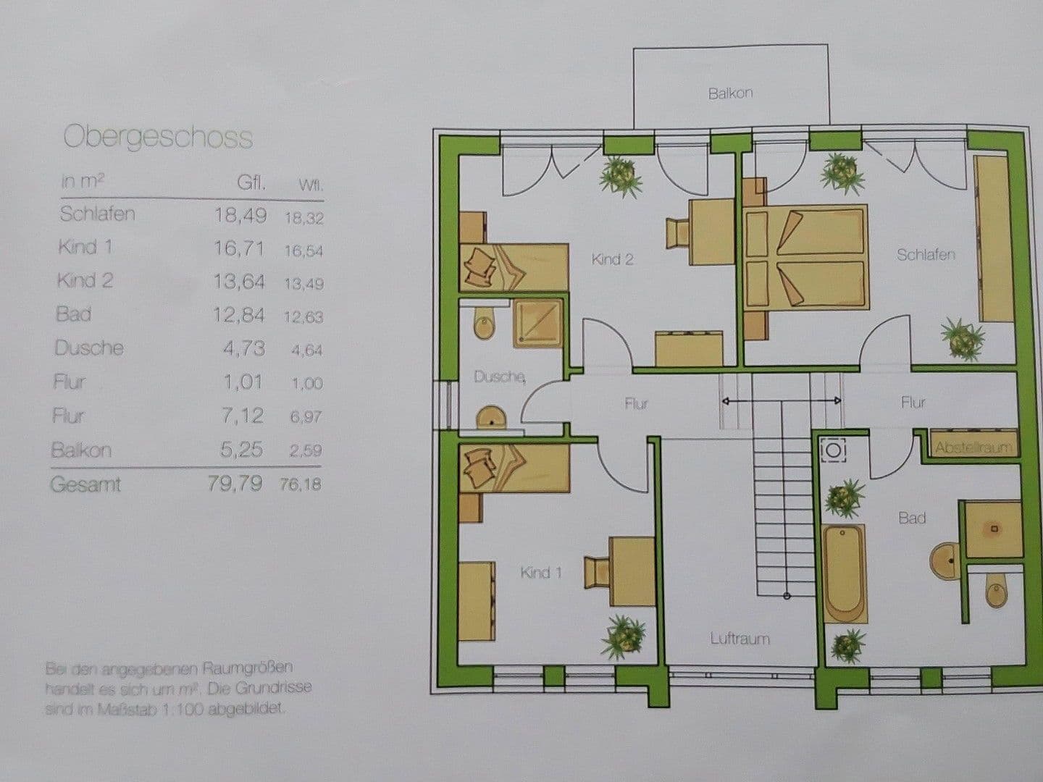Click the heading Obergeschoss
coord(158,137)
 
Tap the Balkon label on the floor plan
coord(730,93)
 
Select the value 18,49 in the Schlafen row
coord(240,215)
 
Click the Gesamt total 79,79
coord(235,484)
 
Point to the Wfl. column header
coord(311,185)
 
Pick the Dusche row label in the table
coord(89,348)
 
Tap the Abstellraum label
coord(973,447)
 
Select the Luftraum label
coord(740,639)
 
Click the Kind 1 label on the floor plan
coord(540,573)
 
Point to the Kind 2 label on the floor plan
coord(612,259)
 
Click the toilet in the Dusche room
coord(483,324)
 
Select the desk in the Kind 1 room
coord(632,571)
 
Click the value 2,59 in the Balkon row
coord(305,450)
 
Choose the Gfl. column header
coord(251,182)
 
